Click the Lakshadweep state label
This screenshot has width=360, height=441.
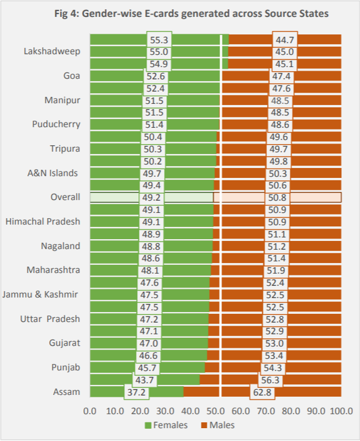[x=52, y=51]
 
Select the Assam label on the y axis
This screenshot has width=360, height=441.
[x=66, y=391]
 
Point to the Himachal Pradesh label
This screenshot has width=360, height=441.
[x=43, y=222]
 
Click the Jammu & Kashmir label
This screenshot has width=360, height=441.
[x=40, y=295]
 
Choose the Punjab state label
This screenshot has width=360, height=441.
[x=66, y=367]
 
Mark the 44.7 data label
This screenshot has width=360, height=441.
[x=284, y=40]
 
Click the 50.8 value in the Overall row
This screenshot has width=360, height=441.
[x=278, y=197]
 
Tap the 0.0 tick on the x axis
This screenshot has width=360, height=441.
[x=90, y=411]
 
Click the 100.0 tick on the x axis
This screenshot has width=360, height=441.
[x=340, y=411]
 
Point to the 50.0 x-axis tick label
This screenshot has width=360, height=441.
[x=215, y=411]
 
